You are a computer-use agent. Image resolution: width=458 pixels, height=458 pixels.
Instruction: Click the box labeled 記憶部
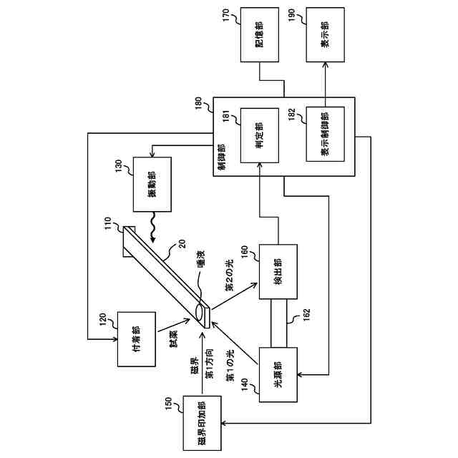259,35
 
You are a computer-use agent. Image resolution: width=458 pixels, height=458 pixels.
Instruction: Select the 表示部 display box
325,35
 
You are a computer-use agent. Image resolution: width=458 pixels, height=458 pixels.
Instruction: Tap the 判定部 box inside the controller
259,135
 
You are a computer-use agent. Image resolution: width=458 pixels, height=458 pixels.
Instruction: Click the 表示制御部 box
325,134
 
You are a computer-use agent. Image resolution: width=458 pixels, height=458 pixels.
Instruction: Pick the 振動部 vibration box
152,185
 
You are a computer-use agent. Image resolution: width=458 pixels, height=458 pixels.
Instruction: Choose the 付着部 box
137,339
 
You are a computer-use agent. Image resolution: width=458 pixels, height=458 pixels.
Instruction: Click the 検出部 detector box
278,272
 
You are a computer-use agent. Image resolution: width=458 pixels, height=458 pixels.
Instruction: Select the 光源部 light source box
278,375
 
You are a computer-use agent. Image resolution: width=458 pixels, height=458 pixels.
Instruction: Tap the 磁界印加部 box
202,423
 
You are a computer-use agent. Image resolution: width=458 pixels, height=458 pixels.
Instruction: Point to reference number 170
226,16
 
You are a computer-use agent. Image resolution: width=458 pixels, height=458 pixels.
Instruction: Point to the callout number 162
306,315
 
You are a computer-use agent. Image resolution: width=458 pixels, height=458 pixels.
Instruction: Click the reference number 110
108,223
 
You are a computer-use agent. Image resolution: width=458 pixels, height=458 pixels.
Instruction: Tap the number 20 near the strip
182,244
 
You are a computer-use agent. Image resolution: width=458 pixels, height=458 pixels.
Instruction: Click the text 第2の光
230,276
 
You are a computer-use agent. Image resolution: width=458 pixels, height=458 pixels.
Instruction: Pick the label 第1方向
210,364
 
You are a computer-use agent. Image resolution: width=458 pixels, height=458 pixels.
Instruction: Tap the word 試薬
173,338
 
